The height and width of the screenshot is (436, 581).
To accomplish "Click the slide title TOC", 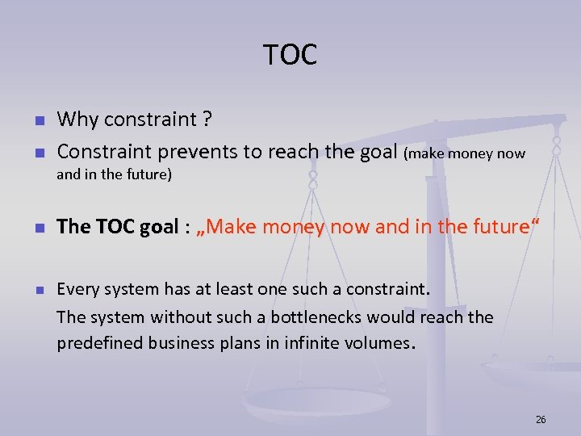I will [290, 55].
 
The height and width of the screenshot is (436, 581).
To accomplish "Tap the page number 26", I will [541, 419].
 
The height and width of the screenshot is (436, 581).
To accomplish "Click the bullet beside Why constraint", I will [38, 121].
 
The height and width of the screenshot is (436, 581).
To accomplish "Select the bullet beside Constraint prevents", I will [38, 152].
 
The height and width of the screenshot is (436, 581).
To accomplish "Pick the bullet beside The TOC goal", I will [38, 228].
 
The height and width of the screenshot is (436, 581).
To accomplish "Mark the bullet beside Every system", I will [38, 289].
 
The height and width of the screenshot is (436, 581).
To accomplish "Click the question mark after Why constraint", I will [208, 120].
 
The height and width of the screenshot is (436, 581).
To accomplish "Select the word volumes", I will [375, 342].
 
